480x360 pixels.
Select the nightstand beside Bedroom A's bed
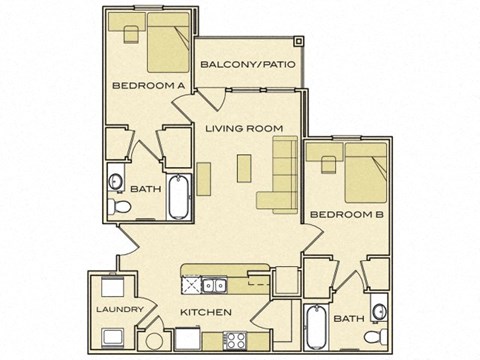click(x=129, y=31)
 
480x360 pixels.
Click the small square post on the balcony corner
click(x=297, y=41)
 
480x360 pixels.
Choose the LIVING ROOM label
click(x=238, y=128)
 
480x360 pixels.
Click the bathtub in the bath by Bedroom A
click(x=180, y=198)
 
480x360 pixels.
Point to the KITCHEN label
click(x=206, y=312)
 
